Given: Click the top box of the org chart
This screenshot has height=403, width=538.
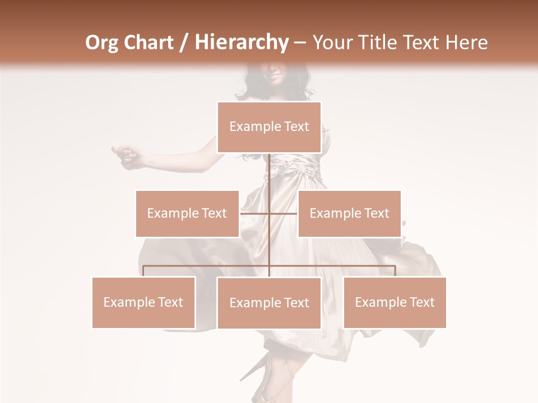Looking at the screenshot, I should pos(269,127).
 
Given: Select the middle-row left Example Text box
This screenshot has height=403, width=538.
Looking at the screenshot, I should pos(187,213).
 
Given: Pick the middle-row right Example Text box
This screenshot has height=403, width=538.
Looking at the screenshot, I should pos(349,213).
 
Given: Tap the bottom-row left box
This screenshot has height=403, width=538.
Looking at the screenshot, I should pos(143,302).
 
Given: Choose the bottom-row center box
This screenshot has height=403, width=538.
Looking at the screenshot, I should pos(269,303).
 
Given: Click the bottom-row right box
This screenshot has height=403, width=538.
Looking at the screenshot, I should pos(395,302).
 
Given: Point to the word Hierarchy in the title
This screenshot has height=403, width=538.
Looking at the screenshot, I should pos(241,43).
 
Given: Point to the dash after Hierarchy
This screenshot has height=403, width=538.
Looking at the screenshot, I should pos(300,43).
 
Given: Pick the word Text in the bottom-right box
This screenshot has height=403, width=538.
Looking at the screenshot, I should pos(422,302).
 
